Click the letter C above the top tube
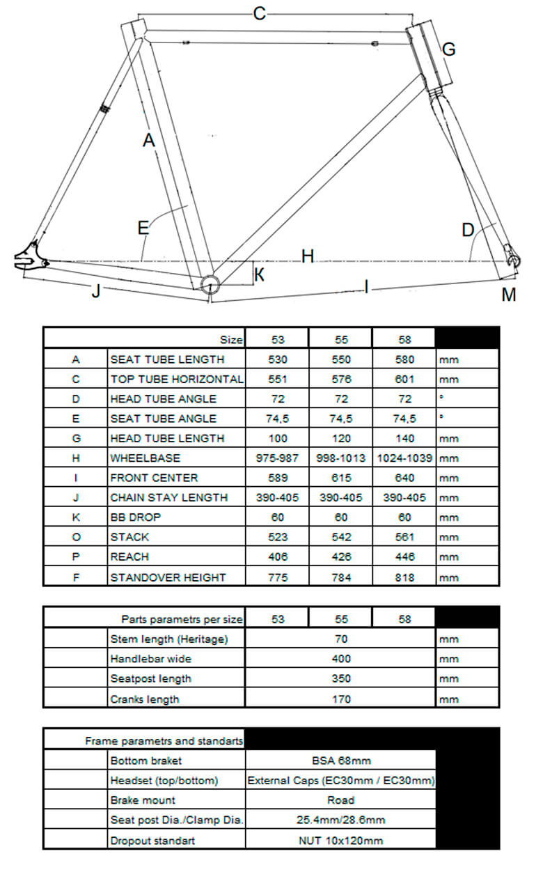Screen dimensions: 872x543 (x=260, y=13)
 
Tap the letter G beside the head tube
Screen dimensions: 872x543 (x=449, y=49)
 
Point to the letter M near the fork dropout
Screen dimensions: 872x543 (x=509, y=295)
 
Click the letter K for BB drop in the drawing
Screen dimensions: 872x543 (x=259, y=274)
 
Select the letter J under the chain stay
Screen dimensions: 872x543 (x=97, y=292)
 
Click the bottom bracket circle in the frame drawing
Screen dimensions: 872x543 (x=210, y=283)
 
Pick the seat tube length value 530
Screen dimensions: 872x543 (x=278, y=359)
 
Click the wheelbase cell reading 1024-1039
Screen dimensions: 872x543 (x=404, y=458)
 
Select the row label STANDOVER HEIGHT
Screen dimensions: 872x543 (x=168, y=577)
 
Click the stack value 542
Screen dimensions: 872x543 (x=341, y=537)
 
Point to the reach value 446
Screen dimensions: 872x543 (x=404, y=556)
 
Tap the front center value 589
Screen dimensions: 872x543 (x=278, y=478)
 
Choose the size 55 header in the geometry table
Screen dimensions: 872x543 (x=341, y=340)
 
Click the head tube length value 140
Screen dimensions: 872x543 (x=404, y=438)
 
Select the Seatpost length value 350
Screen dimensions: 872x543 (x=341, y=678)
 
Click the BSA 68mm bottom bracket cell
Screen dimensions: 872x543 (x=341, y=761)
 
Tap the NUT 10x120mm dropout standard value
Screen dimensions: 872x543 (x=341, y=841)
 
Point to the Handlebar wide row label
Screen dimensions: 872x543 (x=151, y=659)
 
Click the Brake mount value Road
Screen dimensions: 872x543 (x=341, y=800)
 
